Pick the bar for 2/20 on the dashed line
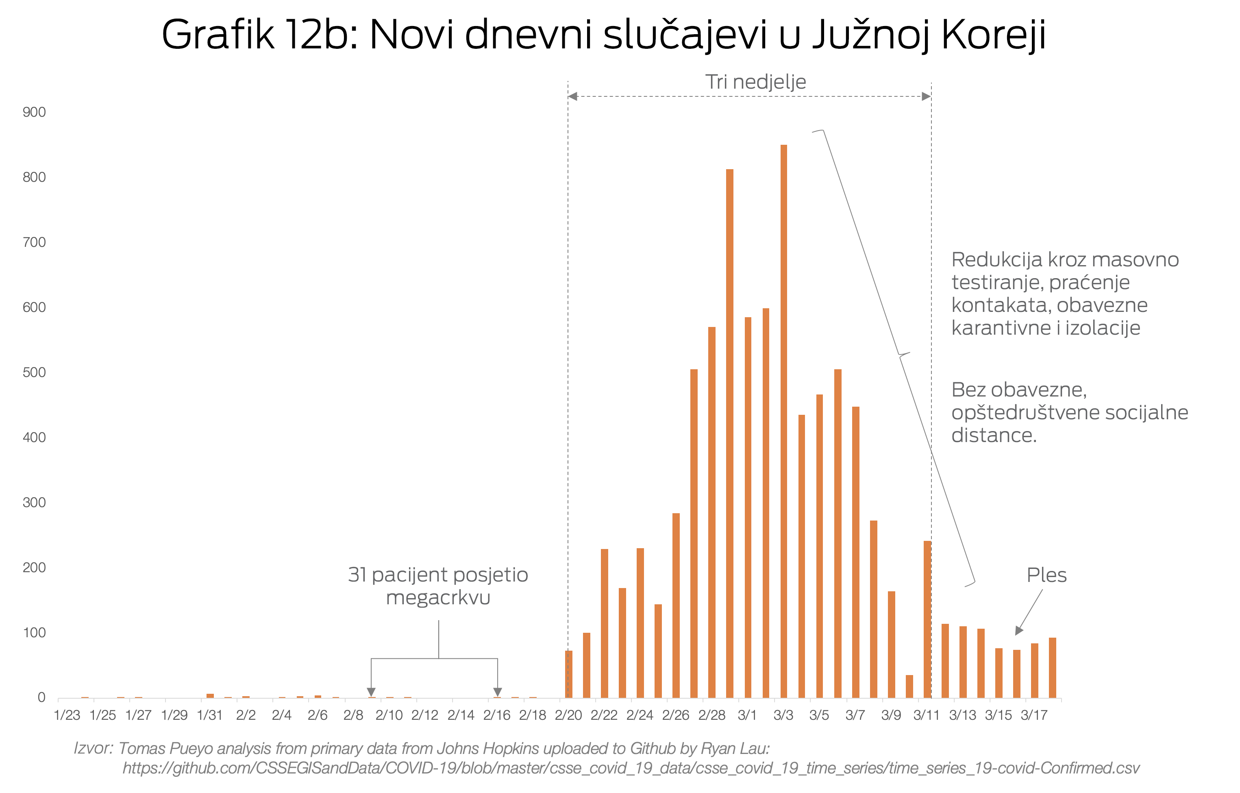click(568, 674)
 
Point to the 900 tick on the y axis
click(34, 112)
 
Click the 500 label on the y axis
click(34, 372)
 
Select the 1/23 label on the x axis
click(67, 715)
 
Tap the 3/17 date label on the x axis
click(1034, 715)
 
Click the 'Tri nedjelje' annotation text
click(755, 82)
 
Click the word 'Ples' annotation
click(1046, 575)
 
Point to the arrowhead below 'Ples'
click(1018, 631)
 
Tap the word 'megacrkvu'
click(438, 598)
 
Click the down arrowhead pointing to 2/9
click(371, 692)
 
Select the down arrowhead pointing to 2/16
click(498, 692)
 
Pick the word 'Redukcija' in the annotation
click(996, 259)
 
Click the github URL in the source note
click(631, 768)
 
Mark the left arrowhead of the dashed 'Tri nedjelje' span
click(572, 96)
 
